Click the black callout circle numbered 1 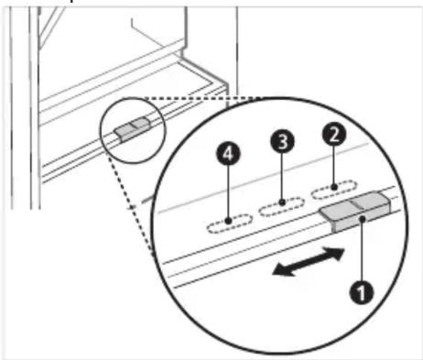(x=362, y=292)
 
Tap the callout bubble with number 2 (x=334, y=134)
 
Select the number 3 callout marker (x=282, y=141)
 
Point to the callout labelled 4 (x=228, y=153)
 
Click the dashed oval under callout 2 (x=334, y=190)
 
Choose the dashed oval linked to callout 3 (x=282, y=207)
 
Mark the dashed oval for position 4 (x=229, y=224)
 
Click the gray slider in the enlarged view (x=354, y=212)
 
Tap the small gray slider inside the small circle (x=132, y=129)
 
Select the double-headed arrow (x=309, y=262)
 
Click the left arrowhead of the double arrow (x=281, y=270)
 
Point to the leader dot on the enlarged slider (x=363, y=219)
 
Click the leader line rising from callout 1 (x=362, y=251)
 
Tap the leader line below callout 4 (x=228, y=192)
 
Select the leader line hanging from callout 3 (x=282, y=177)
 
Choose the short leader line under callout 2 (x=334, y=165)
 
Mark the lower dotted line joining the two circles (x=131, y=205)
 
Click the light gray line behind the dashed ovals (x=263, y=177)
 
